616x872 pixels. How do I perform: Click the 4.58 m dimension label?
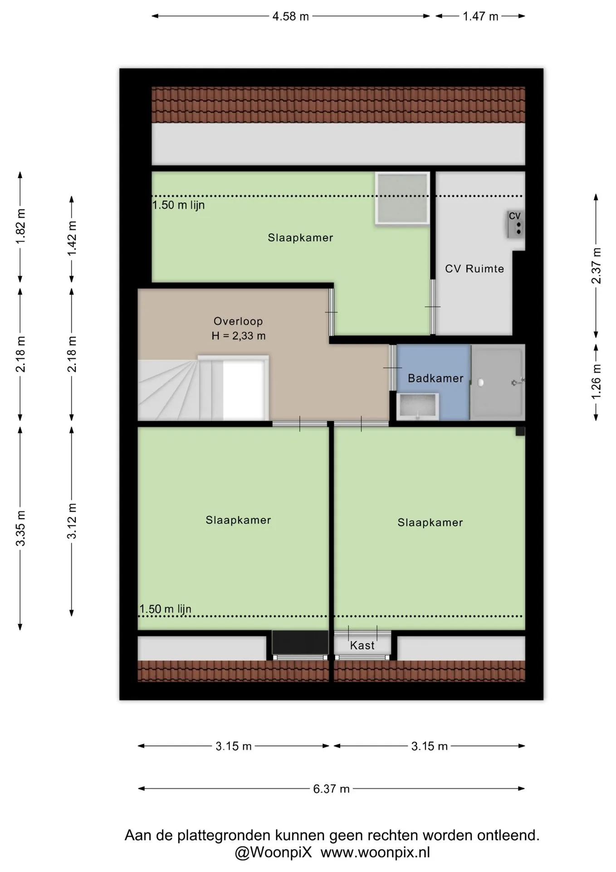(x=290, y=17)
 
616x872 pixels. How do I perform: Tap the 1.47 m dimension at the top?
(x=480, y=17)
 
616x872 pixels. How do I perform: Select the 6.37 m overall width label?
(x=331, y=789)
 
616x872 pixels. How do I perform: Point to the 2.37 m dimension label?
(x=596, y=266)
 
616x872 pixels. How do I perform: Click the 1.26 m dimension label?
(x=596, y=382)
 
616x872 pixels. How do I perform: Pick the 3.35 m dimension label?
(x=20, y=528)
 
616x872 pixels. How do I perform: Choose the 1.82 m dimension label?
(x=20, y=226)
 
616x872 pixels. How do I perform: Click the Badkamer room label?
(x=435, y=378)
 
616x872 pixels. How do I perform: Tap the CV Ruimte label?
(x=474, y=269)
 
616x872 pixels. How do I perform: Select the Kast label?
(x=362, y=645)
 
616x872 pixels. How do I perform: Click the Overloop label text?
(x=238, y=321)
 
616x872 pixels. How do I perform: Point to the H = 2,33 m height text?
(x=239, y=336)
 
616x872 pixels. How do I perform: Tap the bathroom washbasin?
(x=417, y=406)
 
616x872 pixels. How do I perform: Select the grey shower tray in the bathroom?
(x=498, y=382)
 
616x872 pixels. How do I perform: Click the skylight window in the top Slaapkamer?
(x=402, y=198)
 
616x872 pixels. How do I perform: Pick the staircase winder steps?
(x=168, y=390)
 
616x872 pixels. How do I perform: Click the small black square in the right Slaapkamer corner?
(x=520, y=431)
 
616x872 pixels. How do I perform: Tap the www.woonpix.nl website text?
(x=375, y=852)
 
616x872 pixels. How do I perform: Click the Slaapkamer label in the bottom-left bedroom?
(x=238, y=520)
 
